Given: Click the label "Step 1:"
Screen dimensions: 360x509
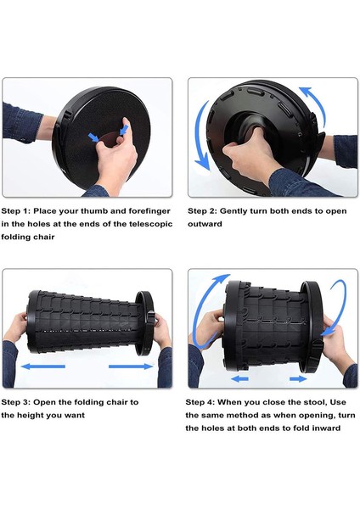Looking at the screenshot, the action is [15, 211].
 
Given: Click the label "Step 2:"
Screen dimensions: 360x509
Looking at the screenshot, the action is [202, 211].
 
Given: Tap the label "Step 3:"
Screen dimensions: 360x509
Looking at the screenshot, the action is [15, 402].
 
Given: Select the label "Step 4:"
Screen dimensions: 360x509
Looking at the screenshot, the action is [200, 402].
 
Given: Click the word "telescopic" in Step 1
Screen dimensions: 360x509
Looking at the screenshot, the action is [151, 224].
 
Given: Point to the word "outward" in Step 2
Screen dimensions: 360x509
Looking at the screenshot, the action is [205, 224].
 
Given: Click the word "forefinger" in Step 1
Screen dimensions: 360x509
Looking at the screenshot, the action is [149, 211].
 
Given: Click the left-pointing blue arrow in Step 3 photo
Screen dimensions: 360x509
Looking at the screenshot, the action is [43, 366].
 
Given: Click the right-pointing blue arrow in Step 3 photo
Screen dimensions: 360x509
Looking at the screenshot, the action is [130, 366].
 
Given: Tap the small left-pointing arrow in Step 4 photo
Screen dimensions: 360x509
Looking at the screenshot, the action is [239, 378].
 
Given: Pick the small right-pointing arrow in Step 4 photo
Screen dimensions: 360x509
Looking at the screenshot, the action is [298, 378].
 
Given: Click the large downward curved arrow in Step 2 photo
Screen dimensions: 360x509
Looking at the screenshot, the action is [200, 137].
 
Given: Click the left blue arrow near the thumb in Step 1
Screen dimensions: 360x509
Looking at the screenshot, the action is [94, 137].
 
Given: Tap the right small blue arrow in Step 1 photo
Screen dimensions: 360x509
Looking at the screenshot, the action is [124, 130].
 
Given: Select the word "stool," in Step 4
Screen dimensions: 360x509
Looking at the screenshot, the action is [314, 402].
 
